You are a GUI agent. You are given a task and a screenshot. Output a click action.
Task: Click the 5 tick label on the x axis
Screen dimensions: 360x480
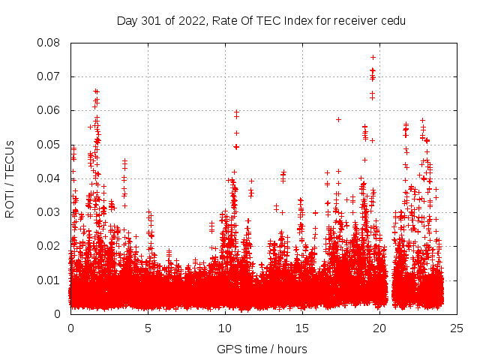pos(148,328)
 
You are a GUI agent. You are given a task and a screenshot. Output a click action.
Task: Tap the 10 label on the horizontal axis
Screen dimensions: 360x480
pos(226,328)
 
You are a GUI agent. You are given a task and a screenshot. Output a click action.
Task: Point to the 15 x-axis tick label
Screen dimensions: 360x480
pos(303,328)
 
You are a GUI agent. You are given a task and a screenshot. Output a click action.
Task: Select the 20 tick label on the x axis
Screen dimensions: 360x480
pos(380,328)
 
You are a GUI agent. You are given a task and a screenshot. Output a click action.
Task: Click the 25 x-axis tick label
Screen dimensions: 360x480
pos(457,328)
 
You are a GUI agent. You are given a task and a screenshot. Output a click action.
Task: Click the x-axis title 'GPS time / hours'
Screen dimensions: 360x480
pos(262,349)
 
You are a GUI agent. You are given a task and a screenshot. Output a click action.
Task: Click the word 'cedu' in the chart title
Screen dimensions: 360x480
pos(393,20)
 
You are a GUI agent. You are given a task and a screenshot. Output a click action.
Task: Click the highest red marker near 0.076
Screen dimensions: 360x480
pos(373,57)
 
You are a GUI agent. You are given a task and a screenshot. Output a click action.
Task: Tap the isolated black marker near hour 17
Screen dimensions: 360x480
pos(338,119)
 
